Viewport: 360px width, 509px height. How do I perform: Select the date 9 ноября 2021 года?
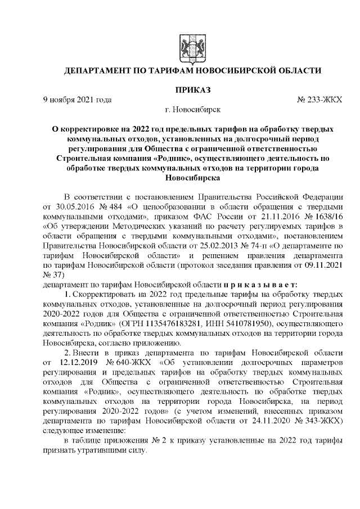[x=77, y=100]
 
